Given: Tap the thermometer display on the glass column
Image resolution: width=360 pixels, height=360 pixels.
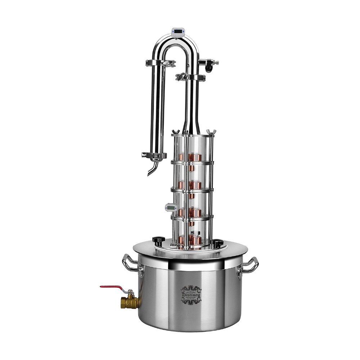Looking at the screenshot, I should [x=170, y=207].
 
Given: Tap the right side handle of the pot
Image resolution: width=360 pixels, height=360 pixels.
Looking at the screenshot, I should [x=251, y=266].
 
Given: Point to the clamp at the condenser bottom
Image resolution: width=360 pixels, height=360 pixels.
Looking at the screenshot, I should [x=154, y=155].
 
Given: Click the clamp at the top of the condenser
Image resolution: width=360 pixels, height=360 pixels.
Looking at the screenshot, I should [x=161, y=63].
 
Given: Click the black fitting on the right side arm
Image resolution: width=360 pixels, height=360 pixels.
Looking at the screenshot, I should [x=209, y=66].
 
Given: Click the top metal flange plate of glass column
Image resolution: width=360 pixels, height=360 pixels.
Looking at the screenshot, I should [x=191, y=136].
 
